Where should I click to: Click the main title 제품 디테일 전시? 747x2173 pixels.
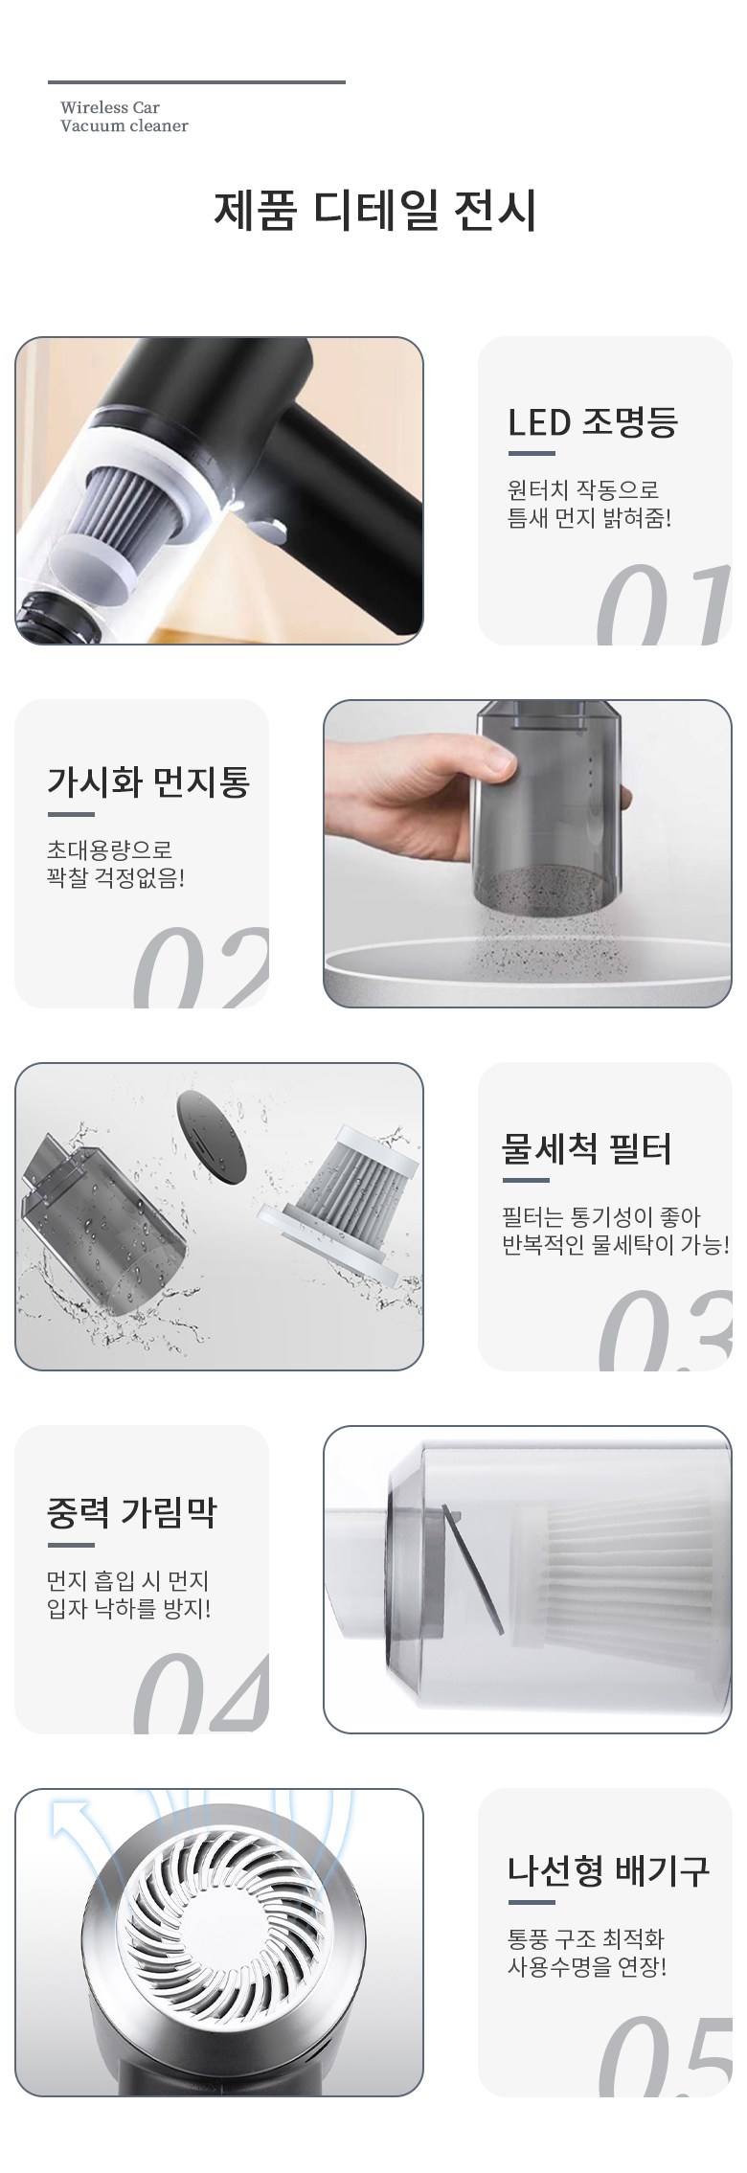(374, 211)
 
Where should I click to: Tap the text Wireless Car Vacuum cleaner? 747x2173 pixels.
(124, 117)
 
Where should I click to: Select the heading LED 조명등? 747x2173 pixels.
(593, 422)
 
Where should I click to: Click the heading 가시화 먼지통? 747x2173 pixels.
(148, 782)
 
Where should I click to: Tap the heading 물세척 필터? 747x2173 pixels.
(587, 1148)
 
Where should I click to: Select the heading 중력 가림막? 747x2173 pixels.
(132, 1512)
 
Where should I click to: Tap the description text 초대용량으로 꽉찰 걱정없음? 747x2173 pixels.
(116, 863)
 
